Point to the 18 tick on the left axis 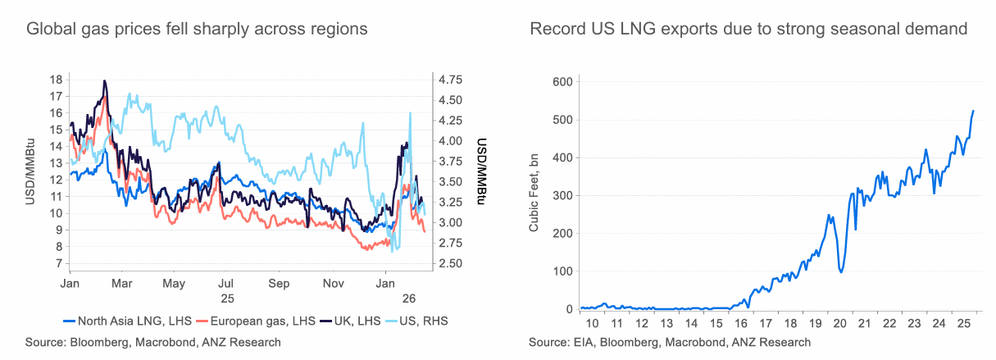point(56,80)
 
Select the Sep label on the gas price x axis point(280,283)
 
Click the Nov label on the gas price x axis point(333,283)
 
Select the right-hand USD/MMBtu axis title point(482,171)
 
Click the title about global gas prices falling point(197,30)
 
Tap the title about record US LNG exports point(749,30)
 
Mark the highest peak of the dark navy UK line point(105,81)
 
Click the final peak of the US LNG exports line point(973,111)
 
